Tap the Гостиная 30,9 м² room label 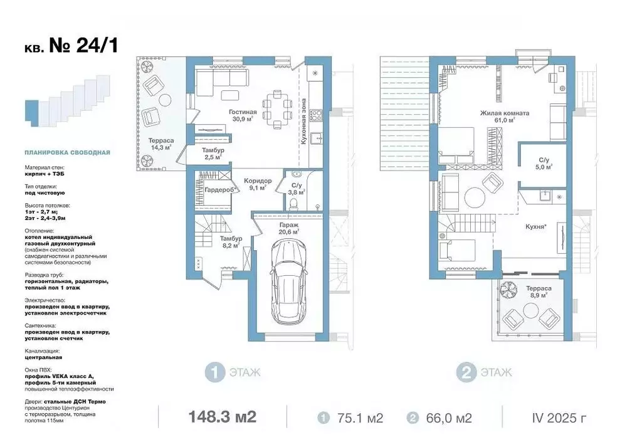pos(243,115)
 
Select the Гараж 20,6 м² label pos(289,228)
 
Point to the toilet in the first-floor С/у pos(293,204)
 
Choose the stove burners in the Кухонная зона pos(315,115)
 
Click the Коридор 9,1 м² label pos(258,184)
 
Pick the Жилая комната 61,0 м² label pos(505,117)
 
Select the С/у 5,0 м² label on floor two pos(544,164)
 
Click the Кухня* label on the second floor pos(537,226)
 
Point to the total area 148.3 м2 pos(223,417)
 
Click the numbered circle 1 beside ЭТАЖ pos(215,372)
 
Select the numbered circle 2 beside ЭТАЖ pos(466,372)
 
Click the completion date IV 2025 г pos(559,418)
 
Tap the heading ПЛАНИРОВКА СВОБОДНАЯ pos(67,153)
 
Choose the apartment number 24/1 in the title pos(97,45)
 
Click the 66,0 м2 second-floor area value pos(449,418)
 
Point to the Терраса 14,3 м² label pos(161,144)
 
